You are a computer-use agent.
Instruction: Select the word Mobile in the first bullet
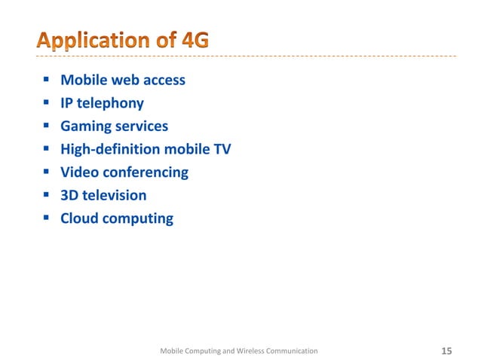click(84, 80)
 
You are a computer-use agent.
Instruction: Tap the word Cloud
click(80, 218)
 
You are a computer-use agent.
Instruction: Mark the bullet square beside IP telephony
click(47, 102)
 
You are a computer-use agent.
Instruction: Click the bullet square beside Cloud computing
click(47, 218)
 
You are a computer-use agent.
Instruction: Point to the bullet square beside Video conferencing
click(47, 172)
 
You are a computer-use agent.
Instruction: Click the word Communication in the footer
click(290, 351)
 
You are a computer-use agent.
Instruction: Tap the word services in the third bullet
click(141, 127)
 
